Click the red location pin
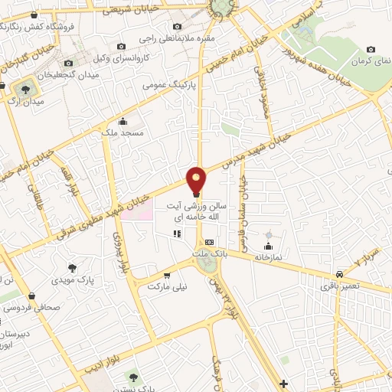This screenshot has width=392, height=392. tap(197, 179)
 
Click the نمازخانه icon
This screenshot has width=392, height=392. tap(268, 246)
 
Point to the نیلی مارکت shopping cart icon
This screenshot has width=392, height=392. tap(166, 274)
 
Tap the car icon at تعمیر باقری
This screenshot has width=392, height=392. tap(338, 273)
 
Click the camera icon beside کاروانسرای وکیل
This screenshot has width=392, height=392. tap(121, 47)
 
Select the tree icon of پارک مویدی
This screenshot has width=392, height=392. tap(72, 268)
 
